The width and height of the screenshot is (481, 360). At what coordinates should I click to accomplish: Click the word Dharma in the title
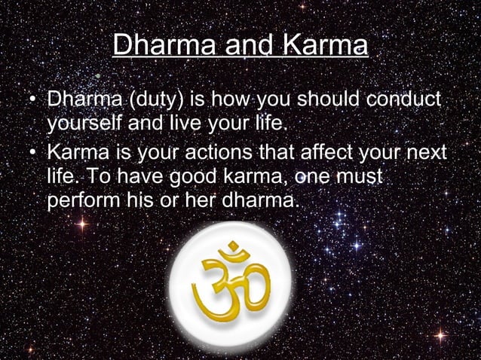pos(159,46)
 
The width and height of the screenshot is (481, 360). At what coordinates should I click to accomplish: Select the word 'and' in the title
pos(244,46)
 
